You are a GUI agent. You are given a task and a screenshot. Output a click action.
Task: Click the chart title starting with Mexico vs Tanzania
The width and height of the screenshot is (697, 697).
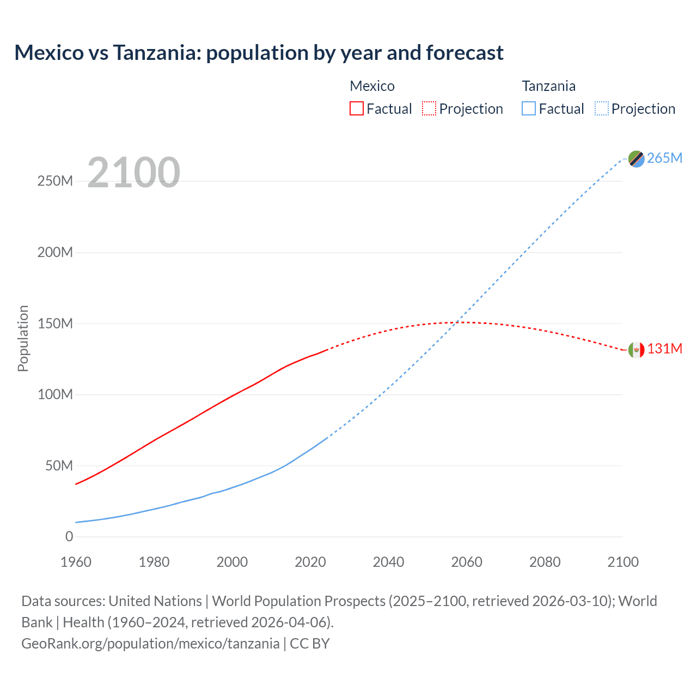pos(259,53)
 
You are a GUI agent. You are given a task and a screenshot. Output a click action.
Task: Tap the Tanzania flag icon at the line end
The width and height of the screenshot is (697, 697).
pos(636,158)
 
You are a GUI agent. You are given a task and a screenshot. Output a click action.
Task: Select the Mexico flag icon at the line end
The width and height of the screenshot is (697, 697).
pos(636,350)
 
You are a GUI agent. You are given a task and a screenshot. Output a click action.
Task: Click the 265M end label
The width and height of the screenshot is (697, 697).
pos(664,158)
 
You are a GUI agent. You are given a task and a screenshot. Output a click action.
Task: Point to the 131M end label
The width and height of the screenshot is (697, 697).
pos(664,348)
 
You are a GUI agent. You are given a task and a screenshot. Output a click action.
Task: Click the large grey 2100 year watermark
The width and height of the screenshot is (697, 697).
pos(133,173)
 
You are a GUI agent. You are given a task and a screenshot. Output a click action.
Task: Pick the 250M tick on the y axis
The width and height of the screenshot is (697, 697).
pos(55,181)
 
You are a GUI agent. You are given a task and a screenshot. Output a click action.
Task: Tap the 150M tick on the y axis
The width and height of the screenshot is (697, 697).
pos(55,323)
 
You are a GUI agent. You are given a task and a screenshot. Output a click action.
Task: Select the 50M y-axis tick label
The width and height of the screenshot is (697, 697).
pos(59,466)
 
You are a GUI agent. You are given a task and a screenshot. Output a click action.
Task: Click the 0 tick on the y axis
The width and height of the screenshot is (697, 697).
pos(69,536)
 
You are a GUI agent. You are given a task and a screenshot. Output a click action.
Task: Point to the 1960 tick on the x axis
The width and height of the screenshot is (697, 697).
pos(76,562)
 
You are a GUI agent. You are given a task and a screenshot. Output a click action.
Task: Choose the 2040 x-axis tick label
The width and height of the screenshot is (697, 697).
pos(388,562)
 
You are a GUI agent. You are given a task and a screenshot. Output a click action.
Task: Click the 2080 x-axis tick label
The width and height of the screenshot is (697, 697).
pos(545,562)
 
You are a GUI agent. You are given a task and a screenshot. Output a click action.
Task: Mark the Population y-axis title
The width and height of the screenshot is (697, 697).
pos(23,338)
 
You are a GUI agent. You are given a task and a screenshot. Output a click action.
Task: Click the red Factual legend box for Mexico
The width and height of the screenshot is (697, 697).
pos(356,109)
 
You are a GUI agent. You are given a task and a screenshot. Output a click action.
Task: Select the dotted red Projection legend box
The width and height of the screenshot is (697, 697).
pos(429,109)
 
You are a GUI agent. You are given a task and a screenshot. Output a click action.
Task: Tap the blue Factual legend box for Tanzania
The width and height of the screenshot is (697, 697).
pos(528,109)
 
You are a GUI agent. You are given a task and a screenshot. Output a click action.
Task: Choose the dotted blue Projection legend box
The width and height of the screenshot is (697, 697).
pos(602,109)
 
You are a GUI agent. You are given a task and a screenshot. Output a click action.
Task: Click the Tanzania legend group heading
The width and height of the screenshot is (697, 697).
pos(548,86)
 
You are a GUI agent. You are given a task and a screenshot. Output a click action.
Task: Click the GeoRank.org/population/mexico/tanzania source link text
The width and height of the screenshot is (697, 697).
pos(150,644)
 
